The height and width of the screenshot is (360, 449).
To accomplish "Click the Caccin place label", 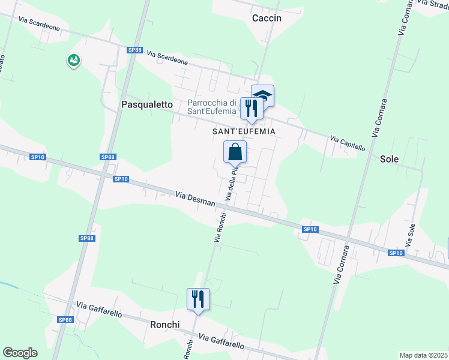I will point(267,18).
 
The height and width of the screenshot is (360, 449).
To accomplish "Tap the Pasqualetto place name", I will point(147,104).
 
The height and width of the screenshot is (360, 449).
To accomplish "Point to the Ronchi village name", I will point(166,325).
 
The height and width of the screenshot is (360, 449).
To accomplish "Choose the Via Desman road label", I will point(195,199).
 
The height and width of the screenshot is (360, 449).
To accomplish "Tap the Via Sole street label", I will point(411,235).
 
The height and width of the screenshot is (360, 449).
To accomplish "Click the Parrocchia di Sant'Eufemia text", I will point(214,106).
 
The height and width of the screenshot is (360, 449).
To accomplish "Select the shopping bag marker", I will point(235,152).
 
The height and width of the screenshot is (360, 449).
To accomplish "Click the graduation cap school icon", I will point(262,95).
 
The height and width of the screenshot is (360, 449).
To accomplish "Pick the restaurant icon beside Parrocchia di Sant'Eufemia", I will point(251,108).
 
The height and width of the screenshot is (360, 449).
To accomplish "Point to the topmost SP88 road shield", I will point(134,50).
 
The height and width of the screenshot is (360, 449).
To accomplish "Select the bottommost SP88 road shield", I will point(65,320).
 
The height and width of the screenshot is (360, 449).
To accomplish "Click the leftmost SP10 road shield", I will point(37,157).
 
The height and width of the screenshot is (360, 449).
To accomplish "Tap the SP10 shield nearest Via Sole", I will point(396,253).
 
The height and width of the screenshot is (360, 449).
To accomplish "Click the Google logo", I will point(20,353).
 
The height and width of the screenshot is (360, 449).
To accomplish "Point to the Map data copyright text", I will point(424,355).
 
